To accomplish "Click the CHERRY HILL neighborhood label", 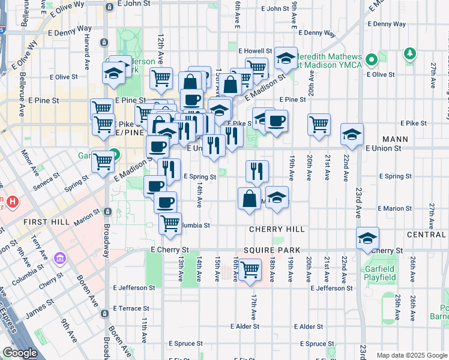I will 277,229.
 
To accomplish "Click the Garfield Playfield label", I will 379,273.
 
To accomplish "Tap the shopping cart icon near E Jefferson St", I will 250,269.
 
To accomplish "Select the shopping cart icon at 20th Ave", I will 319,124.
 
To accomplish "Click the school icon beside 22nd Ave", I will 352,134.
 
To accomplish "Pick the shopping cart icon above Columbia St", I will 170,223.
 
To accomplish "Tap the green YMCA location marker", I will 372,59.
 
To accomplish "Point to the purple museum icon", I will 60,259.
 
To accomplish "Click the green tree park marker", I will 410,54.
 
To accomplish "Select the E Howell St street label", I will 255,51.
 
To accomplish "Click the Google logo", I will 20,353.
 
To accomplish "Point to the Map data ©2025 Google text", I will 411,355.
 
